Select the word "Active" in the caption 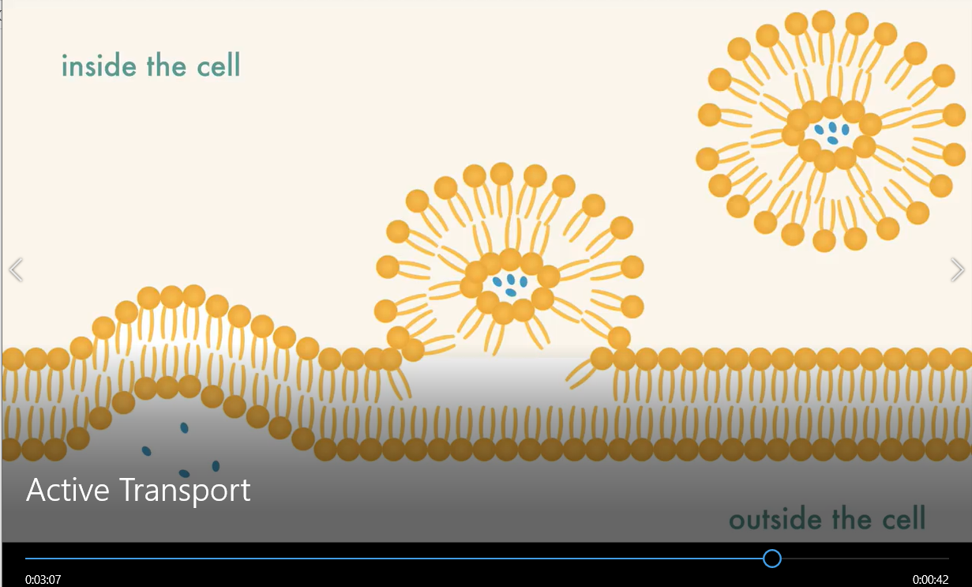pyautogui.click(x=68, y=490)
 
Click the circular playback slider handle pyautogui.click(x=772, y=559)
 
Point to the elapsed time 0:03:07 pyautogui.click(x=43, y=579)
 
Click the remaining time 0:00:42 pyautogui.click(x=930, y=579)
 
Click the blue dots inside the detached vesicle pyautogui.click(x=831, y=132)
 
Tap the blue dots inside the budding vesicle pyautogui.click(x=510, y=284)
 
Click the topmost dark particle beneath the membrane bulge pyautogui.click(x=184, y=427)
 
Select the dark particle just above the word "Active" pyautogui.click(x=146, y=451)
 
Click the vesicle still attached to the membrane pyautogui.click(x=509, y=261)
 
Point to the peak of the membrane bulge pyautogui.click(x=171, y=296)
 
